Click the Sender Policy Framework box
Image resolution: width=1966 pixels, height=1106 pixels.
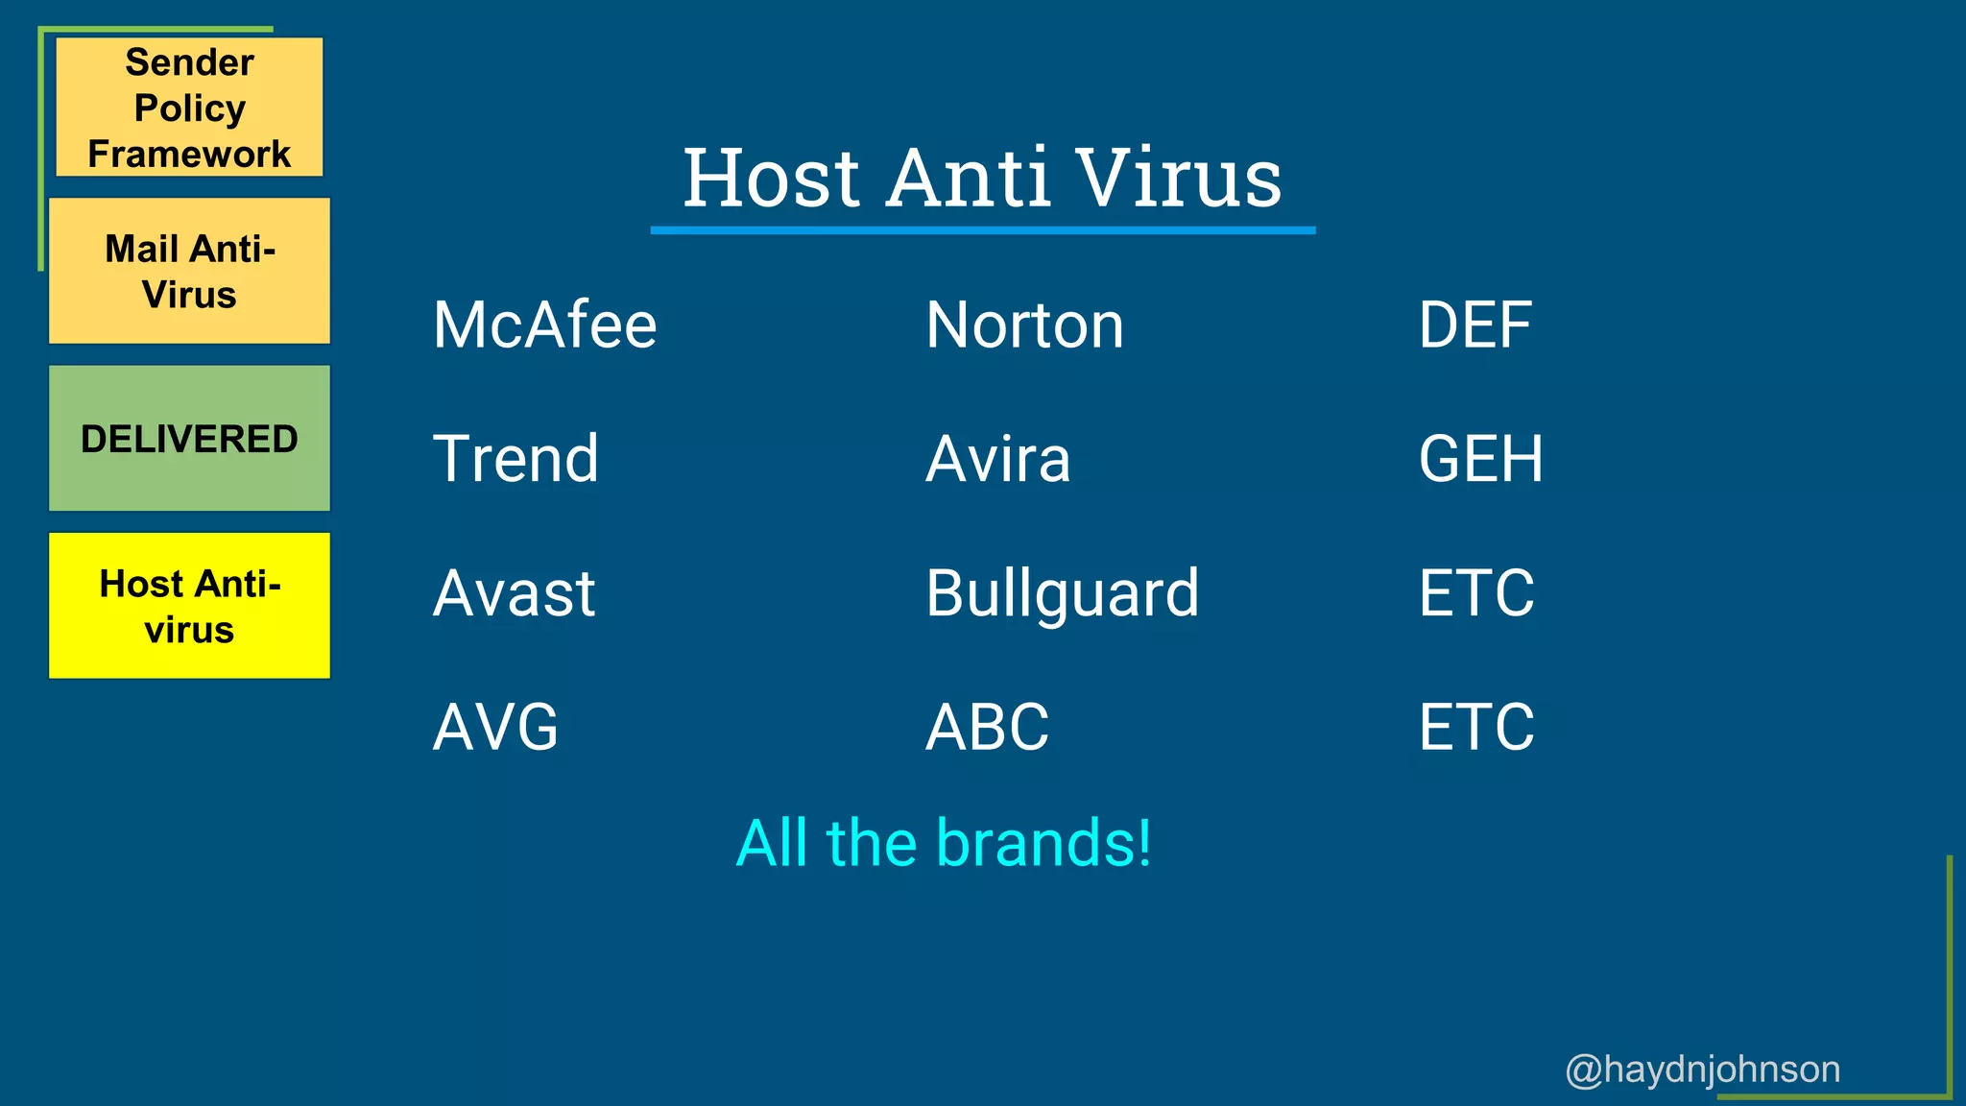[189, 107]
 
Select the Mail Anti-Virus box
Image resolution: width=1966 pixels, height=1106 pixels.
[189, 271]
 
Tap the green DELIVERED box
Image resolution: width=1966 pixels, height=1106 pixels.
[189, 438]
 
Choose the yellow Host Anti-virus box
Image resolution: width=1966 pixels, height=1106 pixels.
[189, 606]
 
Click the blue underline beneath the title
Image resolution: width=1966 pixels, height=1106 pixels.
[982, 230]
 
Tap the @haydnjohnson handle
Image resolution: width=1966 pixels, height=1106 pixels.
[1702, 1069]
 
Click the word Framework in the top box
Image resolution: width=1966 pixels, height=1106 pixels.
[189, 154]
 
